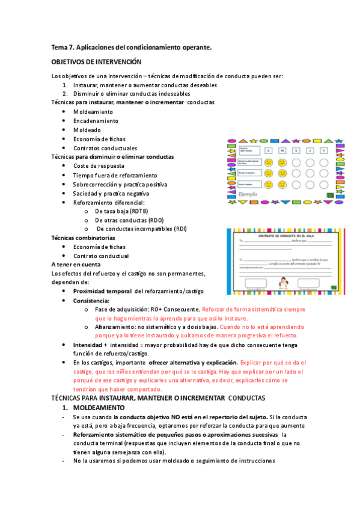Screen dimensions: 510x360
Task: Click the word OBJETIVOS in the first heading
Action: pyautogui.click(x=69, y=62)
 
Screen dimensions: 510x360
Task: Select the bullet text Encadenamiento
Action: pyautogui.click(x=96, y=121)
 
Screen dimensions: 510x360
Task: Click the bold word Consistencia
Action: pyautogui.click(x=91, y=300)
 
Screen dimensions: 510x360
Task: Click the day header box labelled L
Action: pyautogui.click(x=269, y=150)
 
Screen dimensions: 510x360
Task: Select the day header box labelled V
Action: pyautogui.click(x=324, y=150)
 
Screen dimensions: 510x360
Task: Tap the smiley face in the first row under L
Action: pyautogui.click(x=269, y=162)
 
